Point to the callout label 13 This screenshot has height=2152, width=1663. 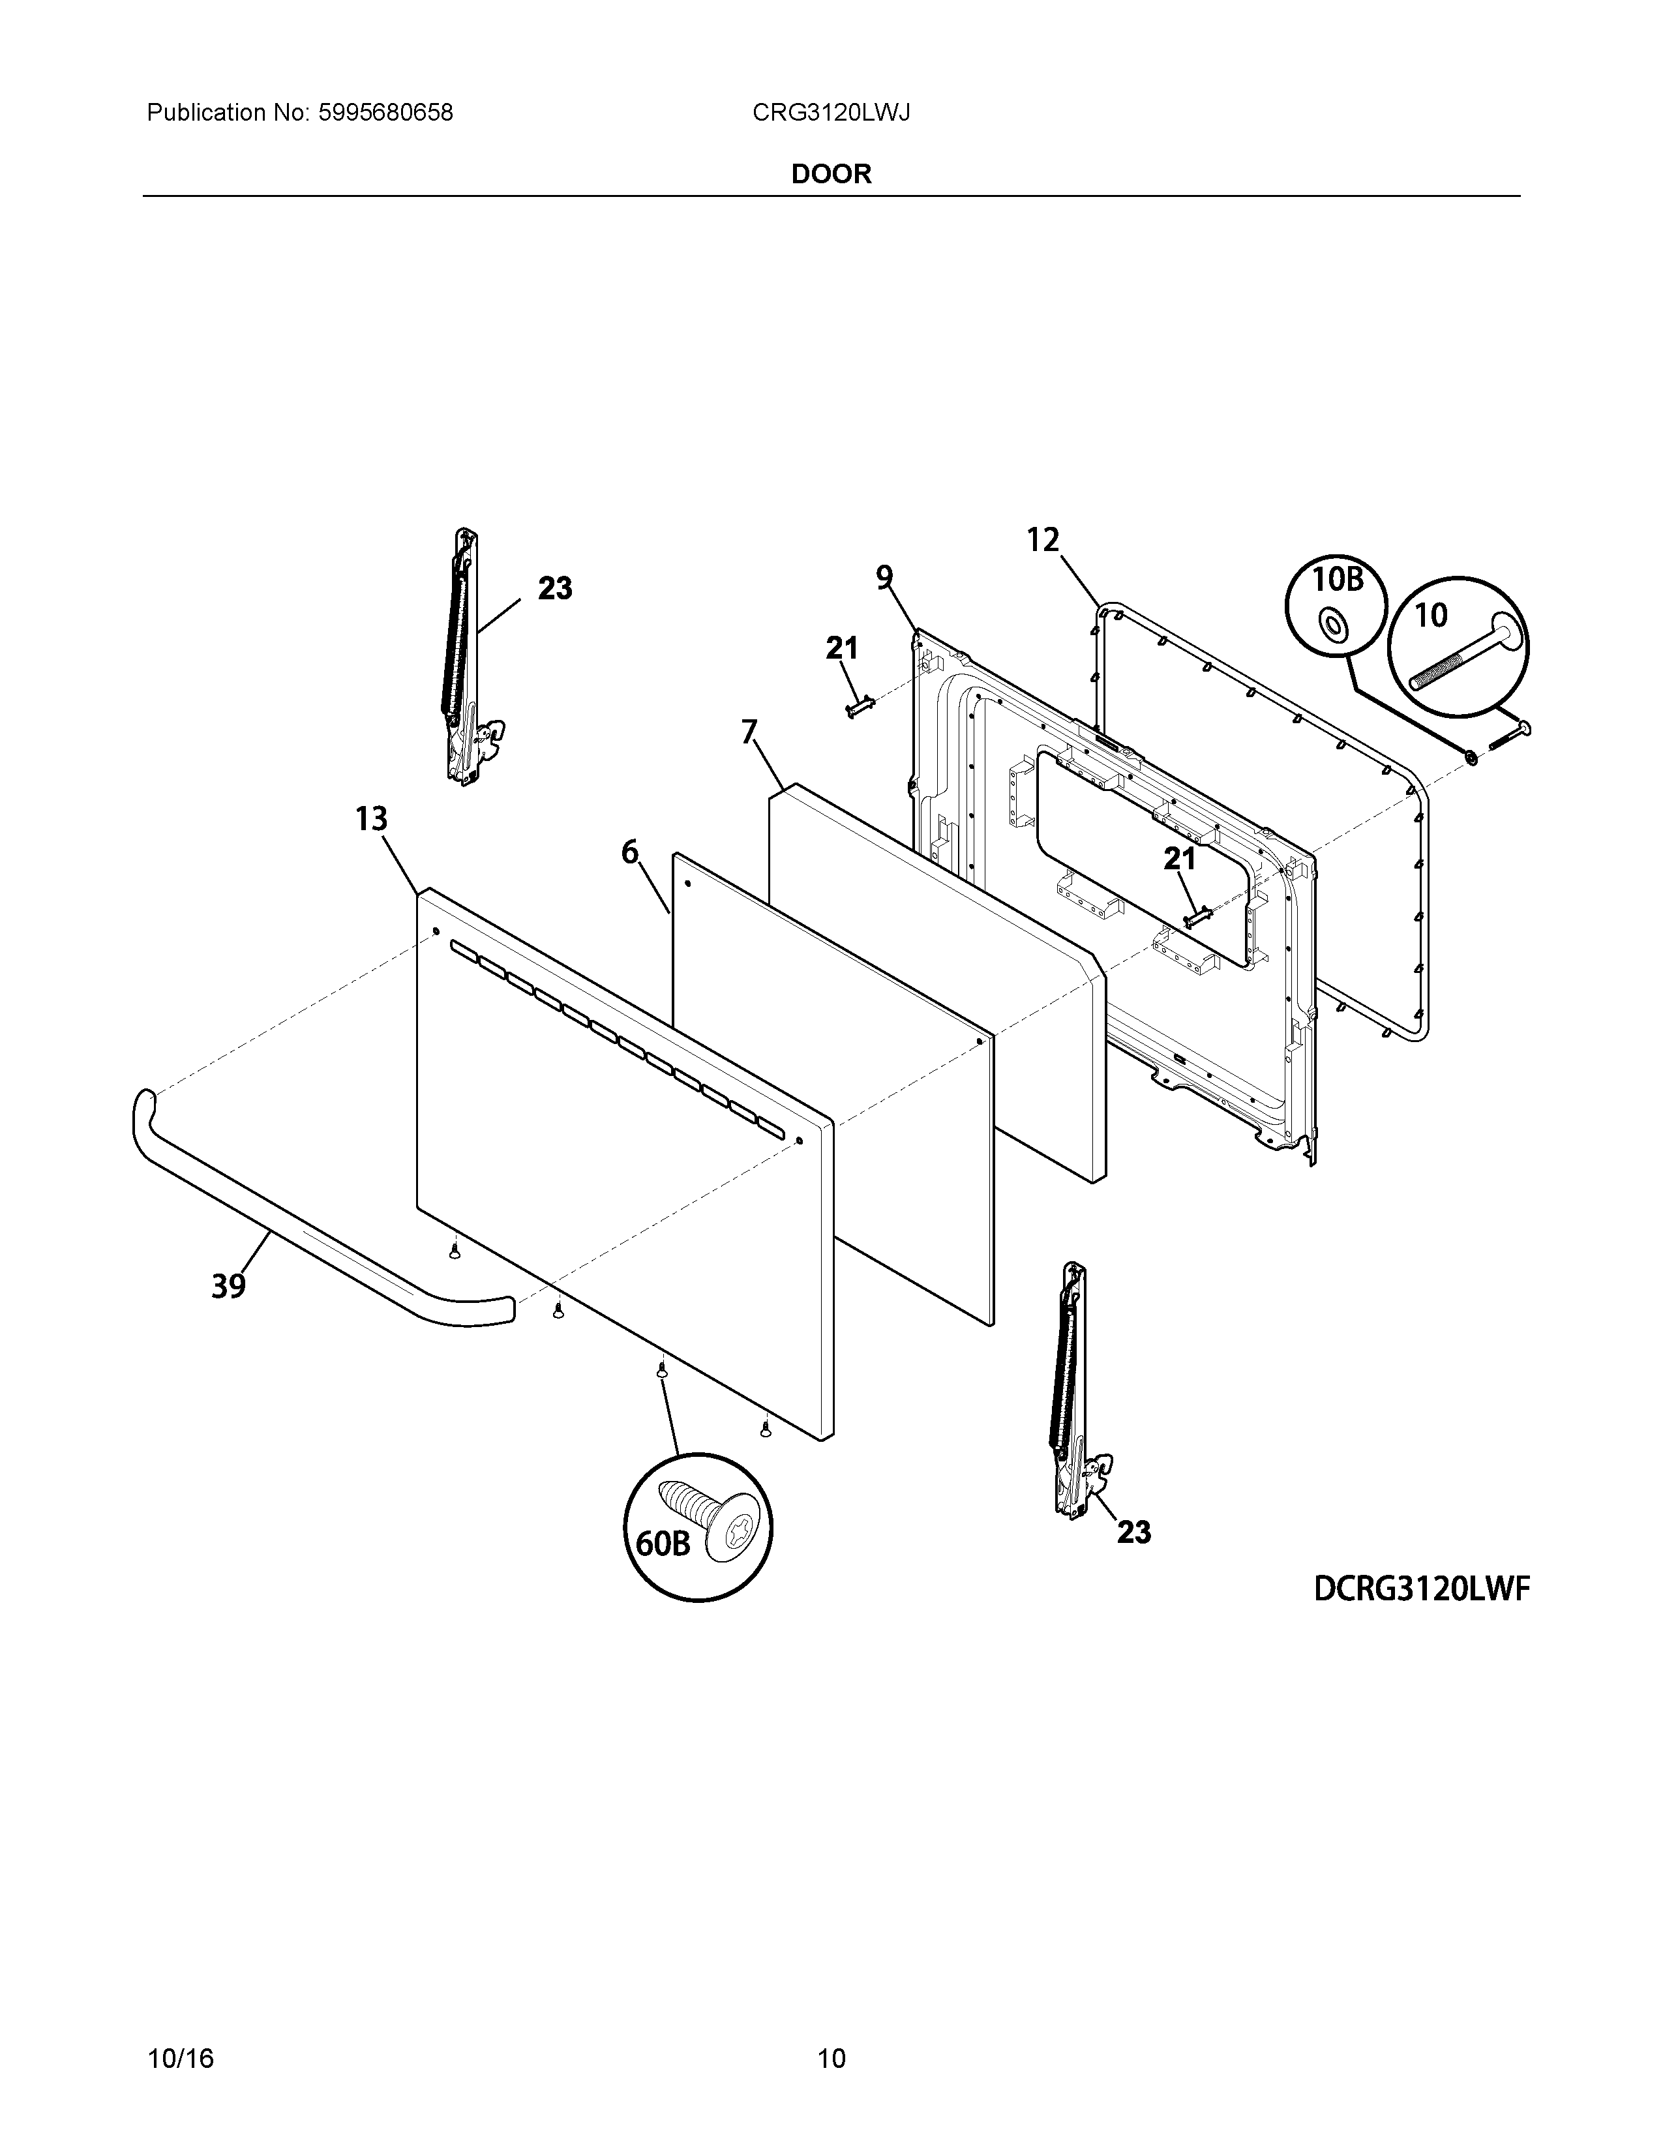pyautogui.click(x=372, y=819)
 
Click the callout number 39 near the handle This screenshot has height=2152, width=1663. pyautogui.click(x=228, y=1286)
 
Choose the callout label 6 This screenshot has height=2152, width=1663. pyautogui.click(x=629, y=851)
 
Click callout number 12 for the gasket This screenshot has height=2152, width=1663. pyautogui.click(x=1042, y=540)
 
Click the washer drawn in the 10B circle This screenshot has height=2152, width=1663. pyautogui.click(x=1334, y=625)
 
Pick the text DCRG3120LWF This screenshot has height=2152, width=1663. pyautogui.click(x=1420, y=1589)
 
